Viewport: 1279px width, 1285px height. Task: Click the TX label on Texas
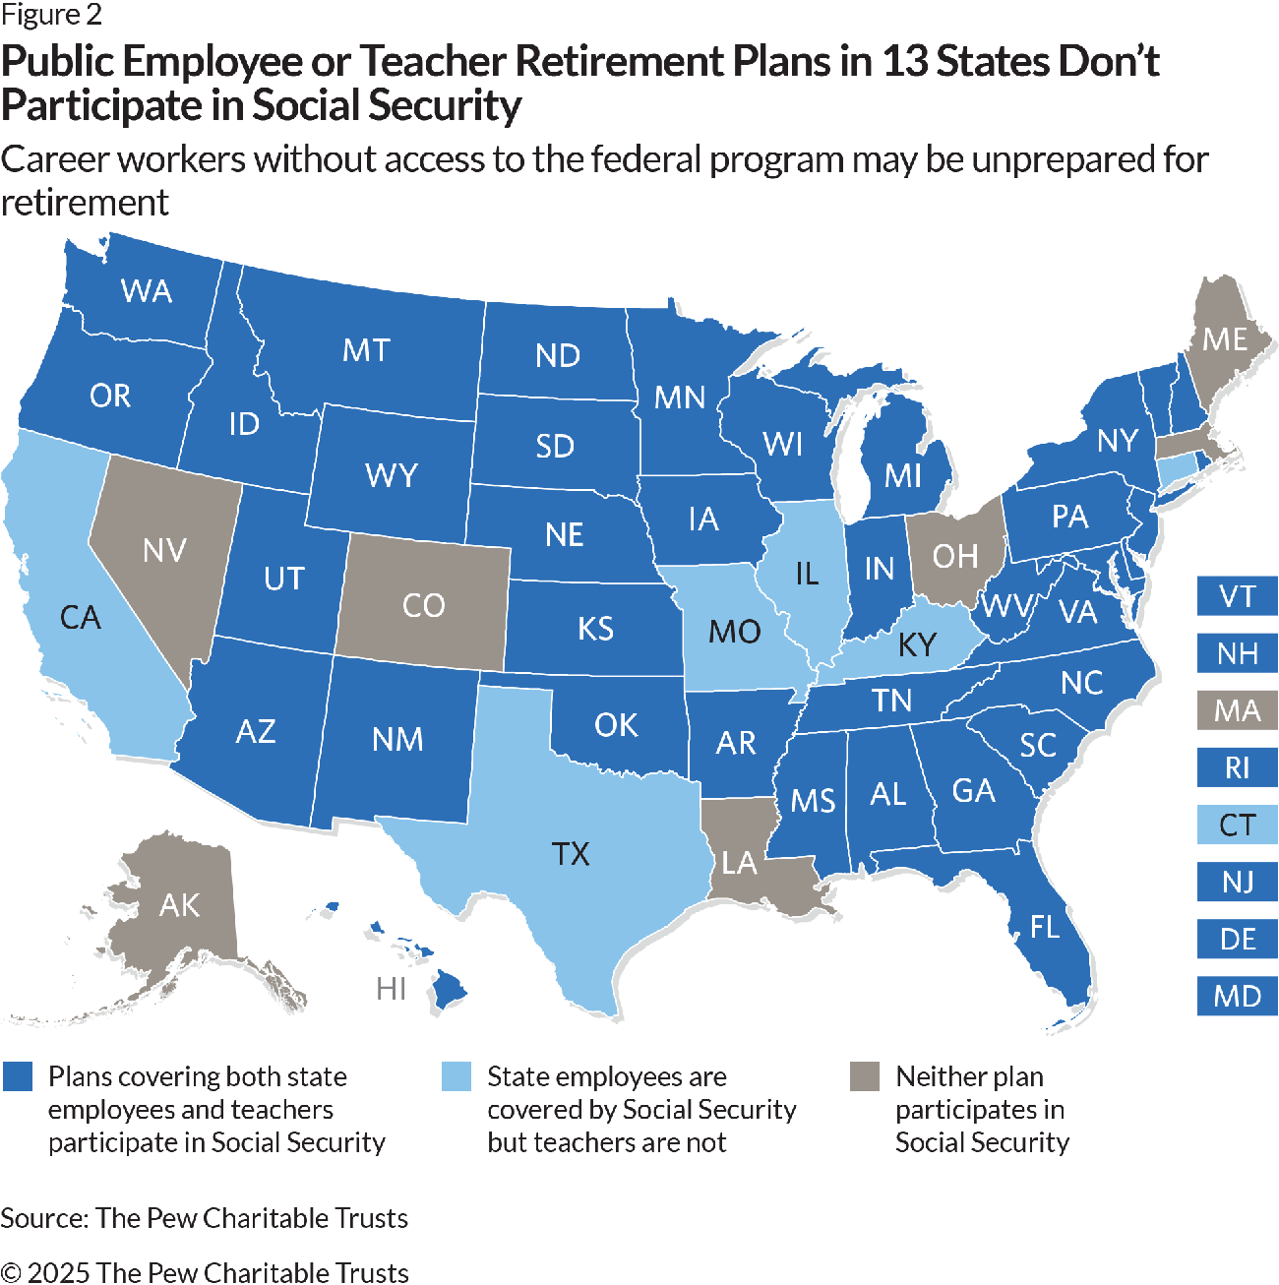click(x=571, y=853)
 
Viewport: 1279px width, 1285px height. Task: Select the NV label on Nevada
click(x=164, y=550)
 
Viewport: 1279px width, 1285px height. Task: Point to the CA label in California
click(x=80, y=618)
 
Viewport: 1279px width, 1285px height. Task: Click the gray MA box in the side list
click(x=1237, y=710)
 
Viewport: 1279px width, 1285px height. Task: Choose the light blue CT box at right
click(x=1237, y=825)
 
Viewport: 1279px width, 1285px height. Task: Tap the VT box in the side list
click(x=1237, y=596)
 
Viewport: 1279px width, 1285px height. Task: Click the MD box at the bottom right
click(x=1237, y=996)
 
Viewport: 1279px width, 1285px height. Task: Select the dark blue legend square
click(x=19, y=1076)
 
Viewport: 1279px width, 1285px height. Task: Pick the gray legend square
click(x=865, y=1076)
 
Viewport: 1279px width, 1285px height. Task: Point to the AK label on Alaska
click(x=179, y=905)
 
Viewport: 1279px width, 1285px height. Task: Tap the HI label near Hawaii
click(x=391, y=988)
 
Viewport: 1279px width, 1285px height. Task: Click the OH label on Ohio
click(x=954, y=557)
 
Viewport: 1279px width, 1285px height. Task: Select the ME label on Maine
click(x=1225, y=339)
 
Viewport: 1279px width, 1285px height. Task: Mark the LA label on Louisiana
click(x=739, y=864)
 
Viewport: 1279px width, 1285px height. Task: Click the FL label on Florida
click(x=1045, y=926)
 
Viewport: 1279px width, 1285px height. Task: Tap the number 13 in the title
click(x=903, y=62)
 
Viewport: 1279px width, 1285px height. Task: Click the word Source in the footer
click(x=43, y=1218)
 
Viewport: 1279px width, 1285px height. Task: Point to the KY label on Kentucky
click(x=917, y=644)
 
